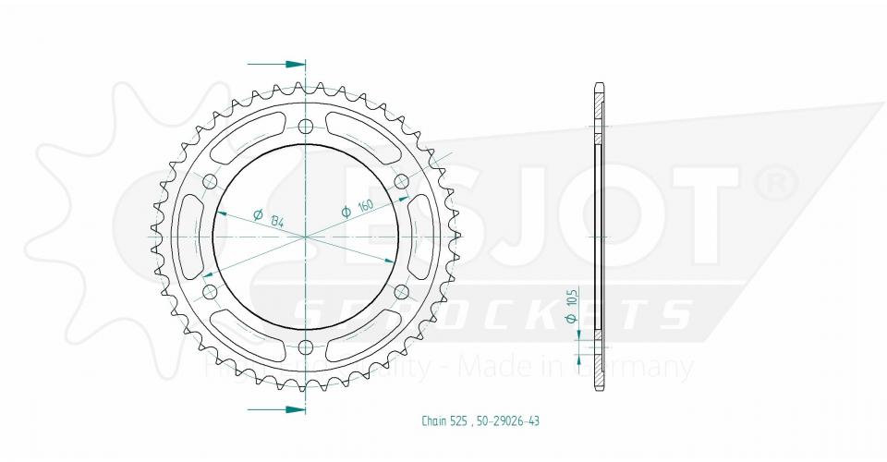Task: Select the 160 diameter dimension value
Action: click(366, 206)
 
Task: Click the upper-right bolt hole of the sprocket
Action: click(401, 182)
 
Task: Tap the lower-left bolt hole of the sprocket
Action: click(210, 292)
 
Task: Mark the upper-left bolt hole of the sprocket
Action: click(210, 182)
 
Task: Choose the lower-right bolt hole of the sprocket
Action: click(401, 292)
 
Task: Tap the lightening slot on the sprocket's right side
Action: click(426, 237)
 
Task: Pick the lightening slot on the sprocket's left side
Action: click(184, 237)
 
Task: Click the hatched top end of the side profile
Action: click(599, 106)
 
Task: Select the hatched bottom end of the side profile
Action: click(599, 365)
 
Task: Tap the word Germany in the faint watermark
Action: click(647, 368)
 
